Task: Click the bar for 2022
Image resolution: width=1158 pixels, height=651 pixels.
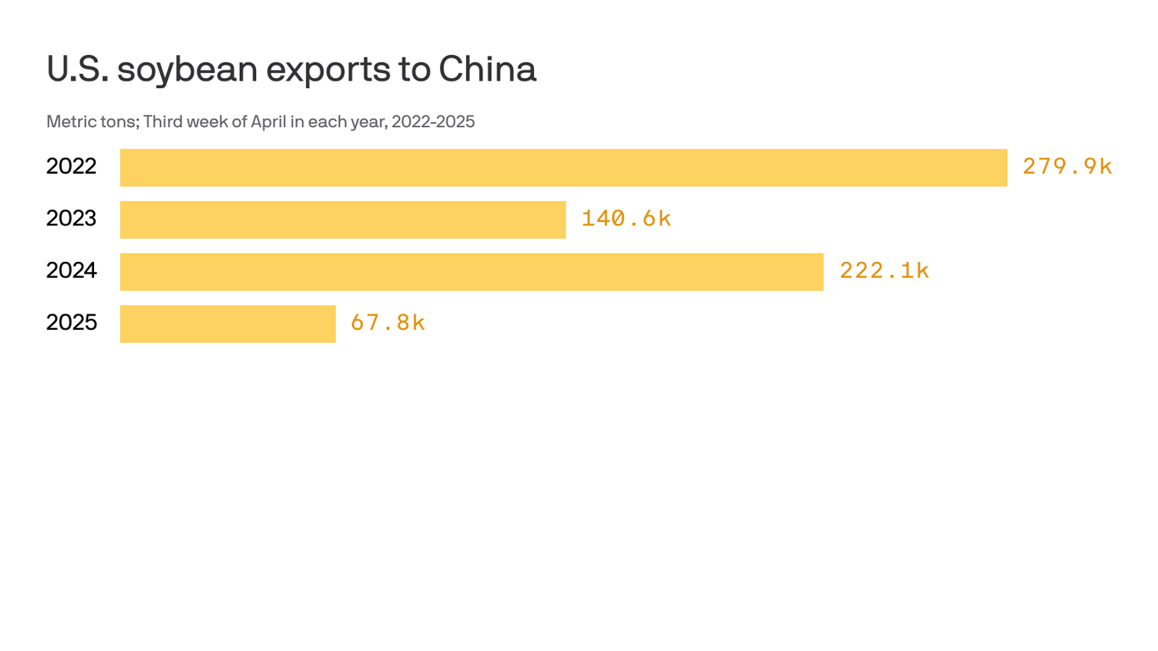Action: tap(563, 168)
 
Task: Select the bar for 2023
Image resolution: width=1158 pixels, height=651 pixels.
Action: tap(342, 220)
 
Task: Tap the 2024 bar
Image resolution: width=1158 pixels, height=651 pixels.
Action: tap(471, 271)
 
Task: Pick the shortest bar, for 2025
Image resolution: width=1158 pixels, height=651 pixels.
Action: tap(227, 324)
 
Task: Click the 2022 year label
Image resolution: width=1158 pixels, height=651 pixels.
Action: tap(71, 167)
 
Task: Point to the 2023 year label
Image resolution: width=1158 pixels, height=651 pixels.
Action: tap(71, 219)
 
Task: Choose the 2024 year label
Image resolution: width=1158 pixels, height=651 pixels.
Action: tap(71, 270)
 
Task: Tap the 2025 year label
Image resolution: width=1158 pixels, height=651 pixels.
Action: tap(71, 323)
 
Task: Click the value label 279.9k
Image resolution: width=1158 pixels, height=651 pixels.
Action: tap(1066, 167)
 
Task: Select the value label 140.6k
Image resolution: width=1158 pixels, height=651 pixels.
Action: tap(626, 219)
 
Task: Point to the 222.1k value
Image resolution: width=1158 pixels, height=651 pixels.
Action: tap(884, 270)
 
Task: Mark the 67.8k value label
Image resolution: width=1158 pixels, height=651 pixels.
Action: tap(387, 323)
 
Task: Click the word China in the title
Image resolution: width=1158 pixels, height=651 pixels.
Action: tap(487, 70)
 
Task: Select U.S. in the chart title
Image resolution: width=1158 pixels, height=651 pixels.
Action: tap(76, 70)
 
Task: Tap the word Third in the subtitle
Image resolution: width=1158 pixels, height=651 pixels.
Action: tap(162, 122)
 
